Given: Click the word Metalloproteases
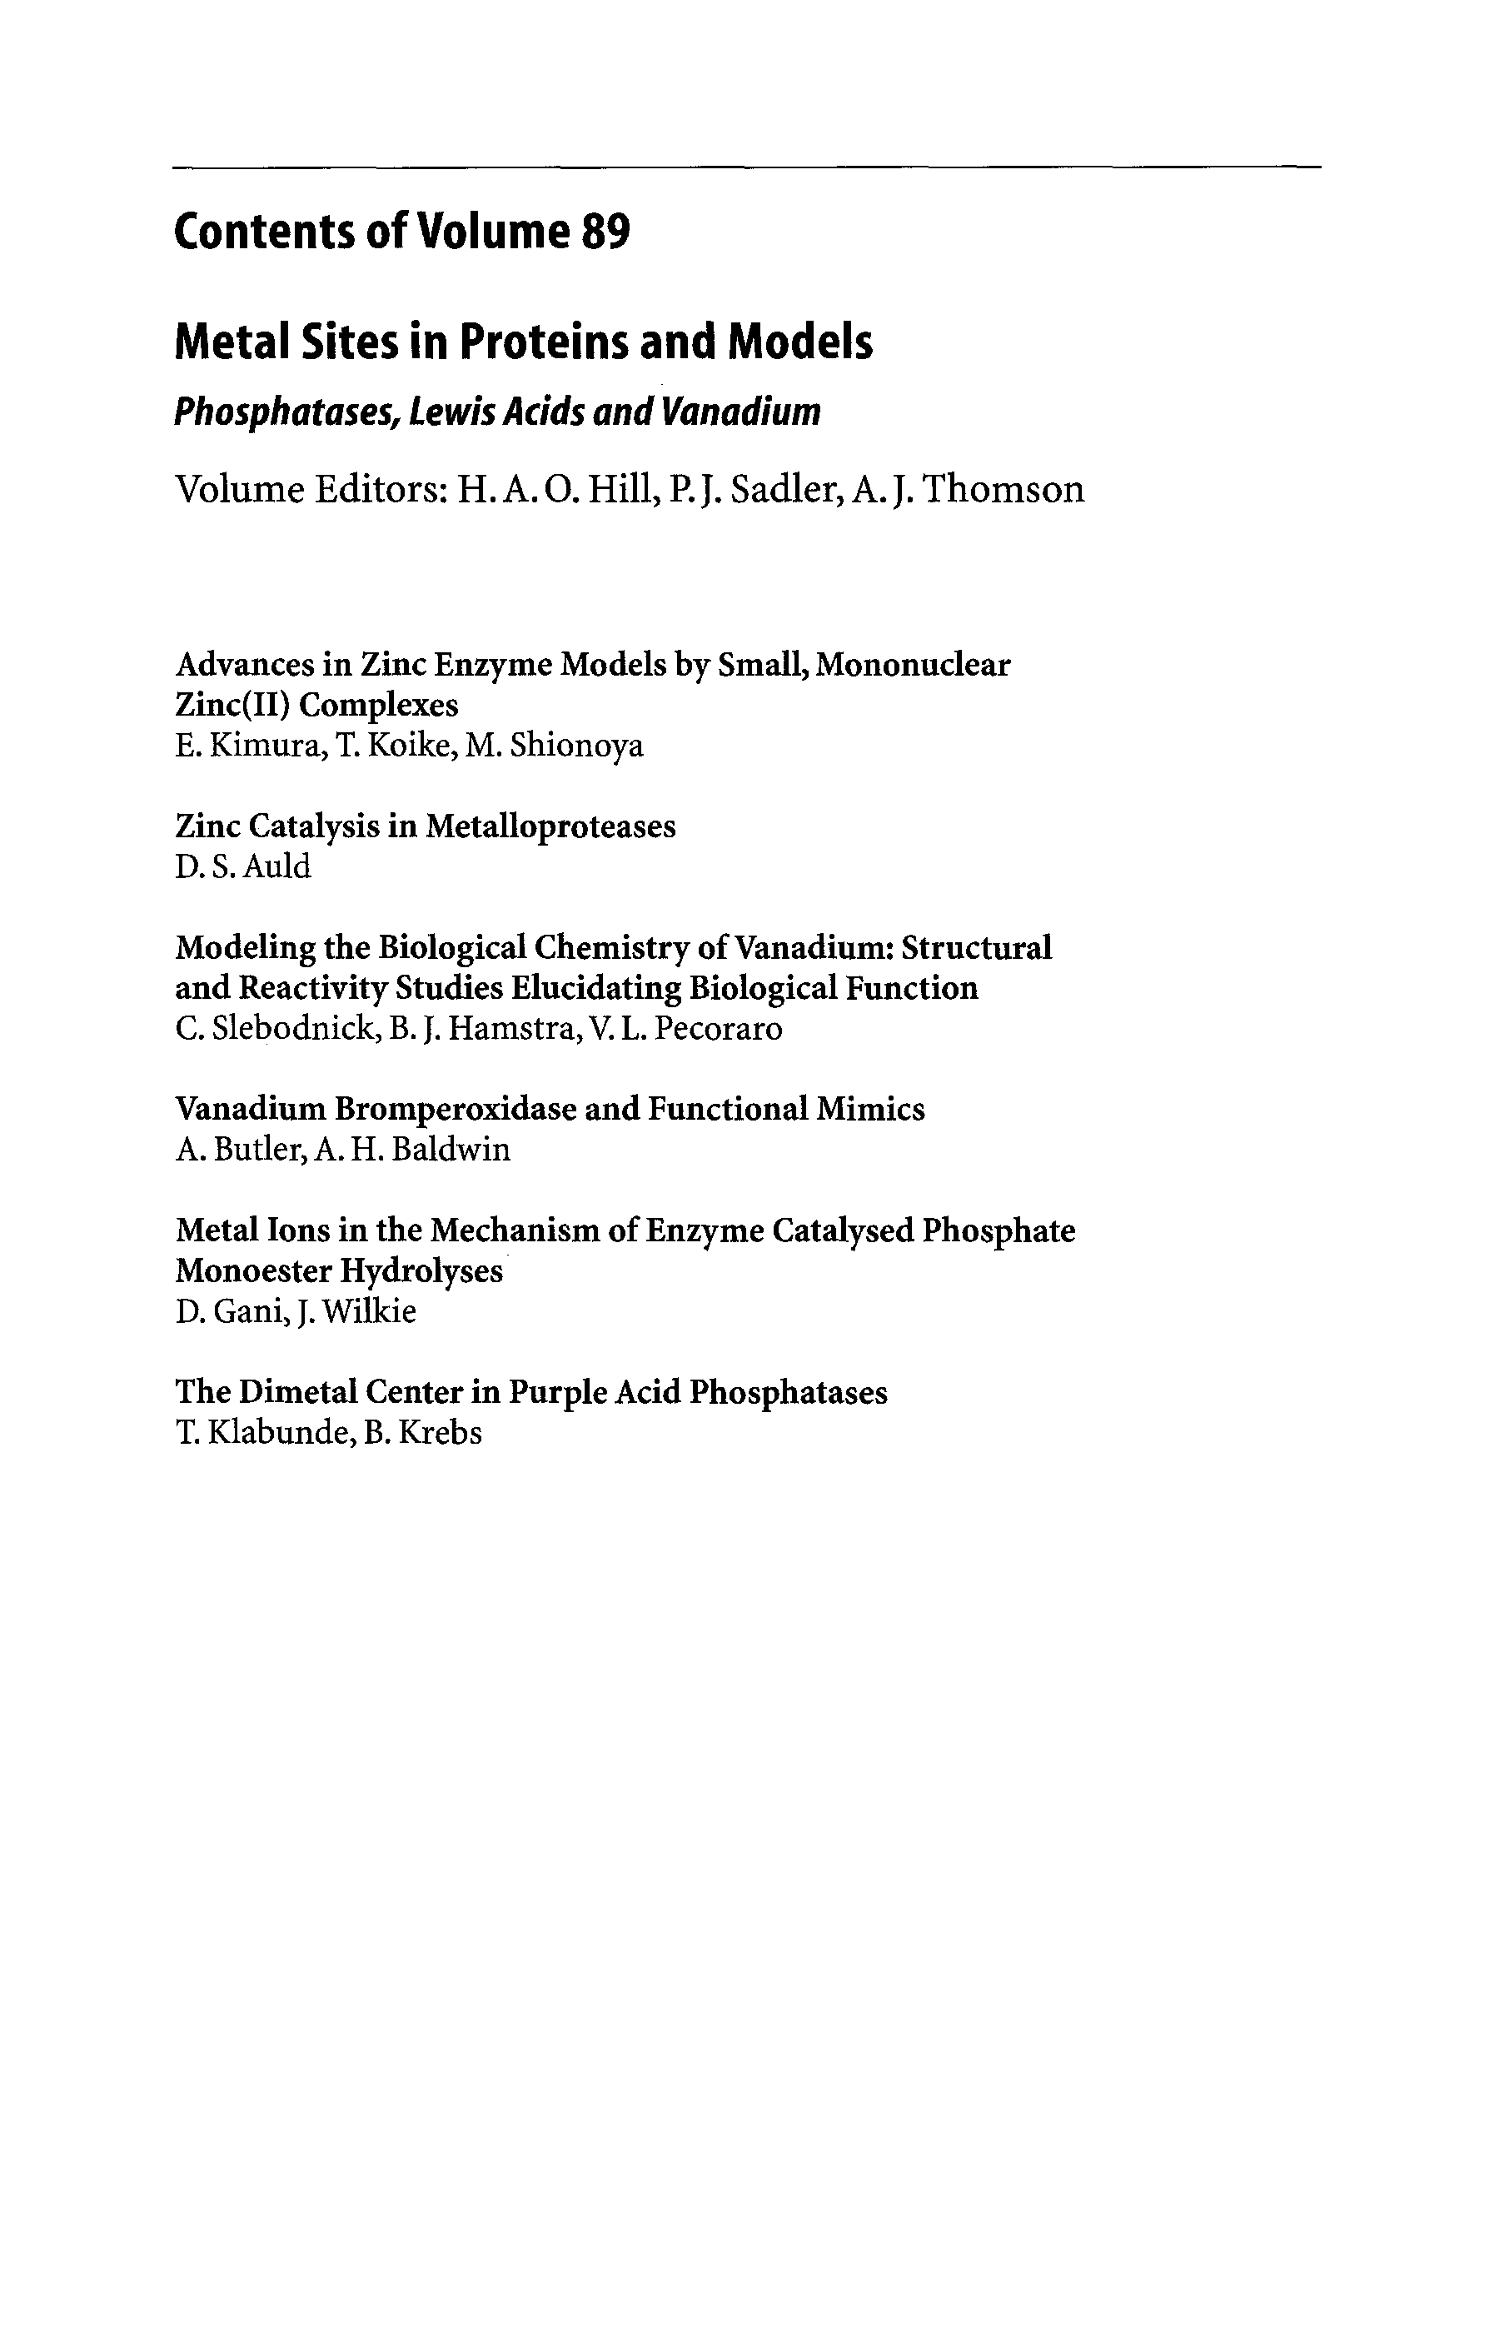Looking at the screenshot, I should click(x=551, y=826).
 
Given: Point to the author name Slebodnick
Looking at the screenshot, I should click(x=293, y=1029).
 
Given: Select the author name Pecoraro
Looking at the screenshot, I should click(x=719, y=1029).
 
